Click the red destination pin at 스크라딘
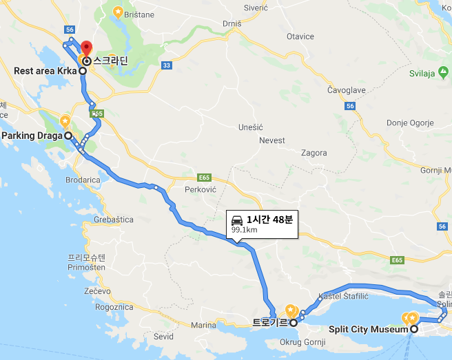tap(86, 49)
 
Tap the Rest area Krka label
tap(45, 71)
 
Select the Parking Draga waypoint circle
tap(69, 136)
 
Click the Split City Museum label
tap(369, 330)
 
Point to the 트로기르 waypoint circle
tap(293, 322)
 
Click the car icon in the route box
tap(236, 220)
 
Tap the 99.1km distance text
tap(245, 231)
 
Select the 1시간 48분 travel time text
tap(270, 220)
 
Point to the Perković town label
tap(201, 188)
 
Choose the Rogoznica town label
tap(114, 307)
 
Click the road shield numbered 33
tap(166, 66)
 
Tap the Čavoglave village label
tap(347, 89)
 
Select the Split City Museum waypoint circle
tap(413, 330)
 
